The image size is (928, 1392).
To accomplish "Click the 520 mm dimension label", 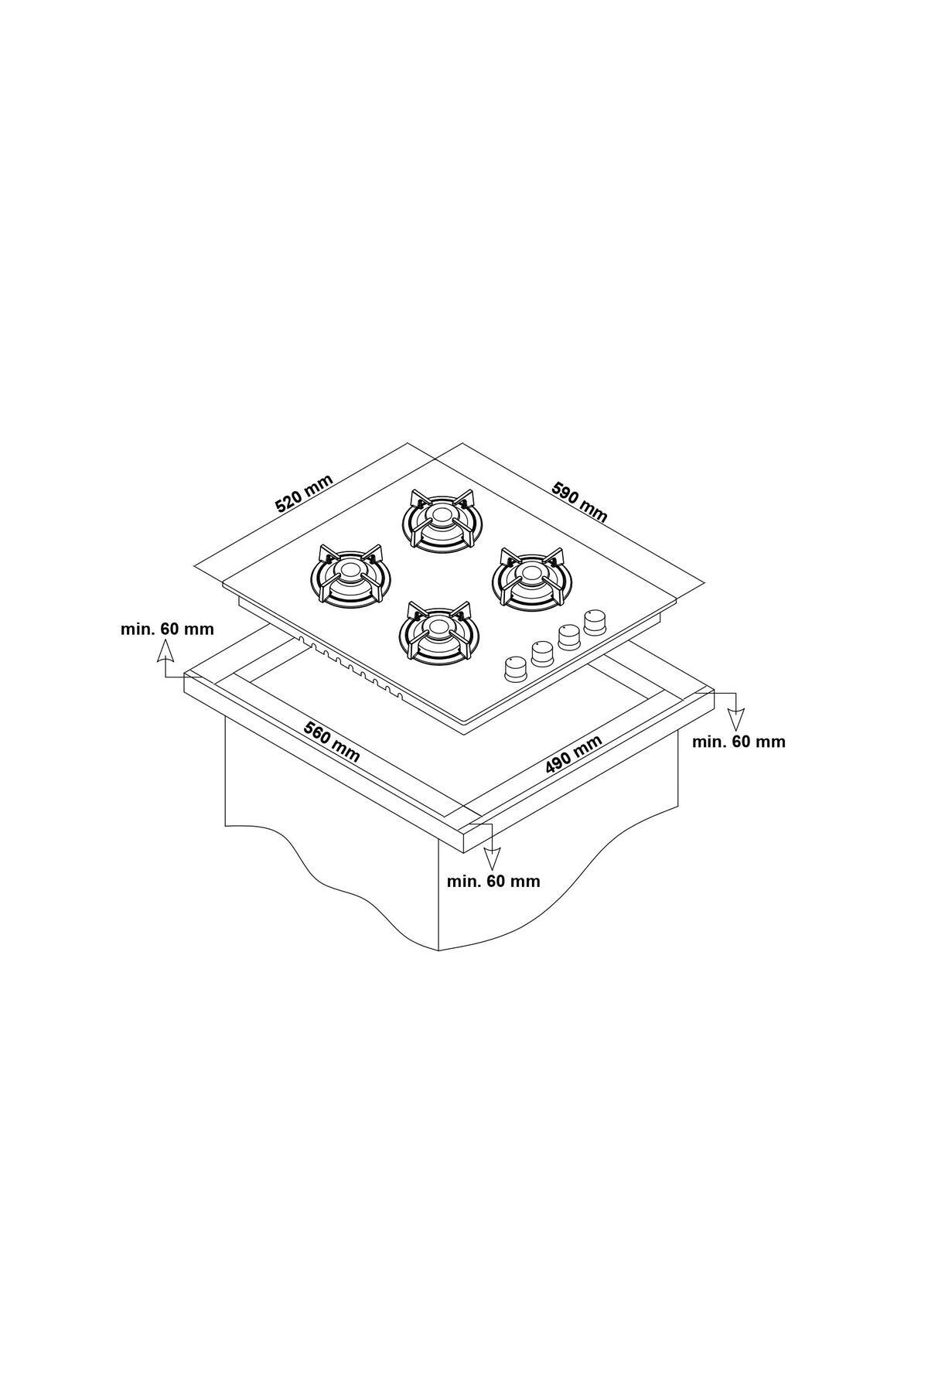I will pos(305,493).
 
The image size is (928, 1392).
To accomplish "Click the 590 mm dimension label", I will pos(579,501).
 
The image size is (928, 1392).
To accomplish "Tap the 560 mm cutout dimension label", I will pos(332,742).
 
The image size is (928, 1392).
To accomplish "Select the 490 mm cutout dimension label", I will pos(573,754).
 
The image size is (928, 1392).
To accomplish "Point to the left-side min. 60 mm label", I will pos(167,629).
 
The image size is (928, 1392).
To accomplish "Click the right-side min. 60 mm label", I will pos(739,742).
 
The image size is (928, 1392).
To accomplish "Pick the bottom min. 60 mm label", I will pos(493,880).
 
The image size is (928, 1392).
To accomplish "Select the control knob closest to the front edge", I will pos(513,668).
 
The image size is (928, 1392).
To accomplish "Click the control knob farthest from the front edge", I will pos(595,621).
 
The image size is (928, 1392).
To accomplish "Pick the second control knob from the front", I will pos(542,653).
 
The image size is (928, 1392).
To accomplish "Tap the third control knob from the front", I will pos(569,636).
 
